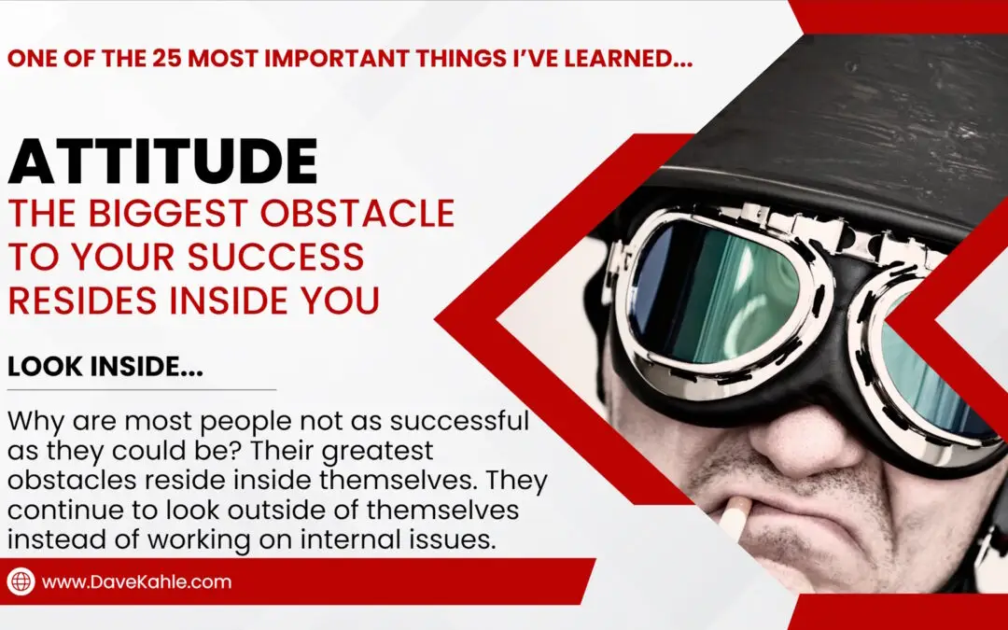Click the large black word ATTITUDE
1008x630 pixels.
pyautogui.click(x=162, y=161)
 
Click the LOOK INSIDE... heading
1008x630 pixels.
pyautogui.click(x=105, y=368)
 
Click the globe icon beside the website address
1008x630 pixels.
pyautogui.click(x=21, y=581)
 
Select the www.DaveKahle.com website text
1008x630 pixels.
pyautogui.click(x=136, y=582)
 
